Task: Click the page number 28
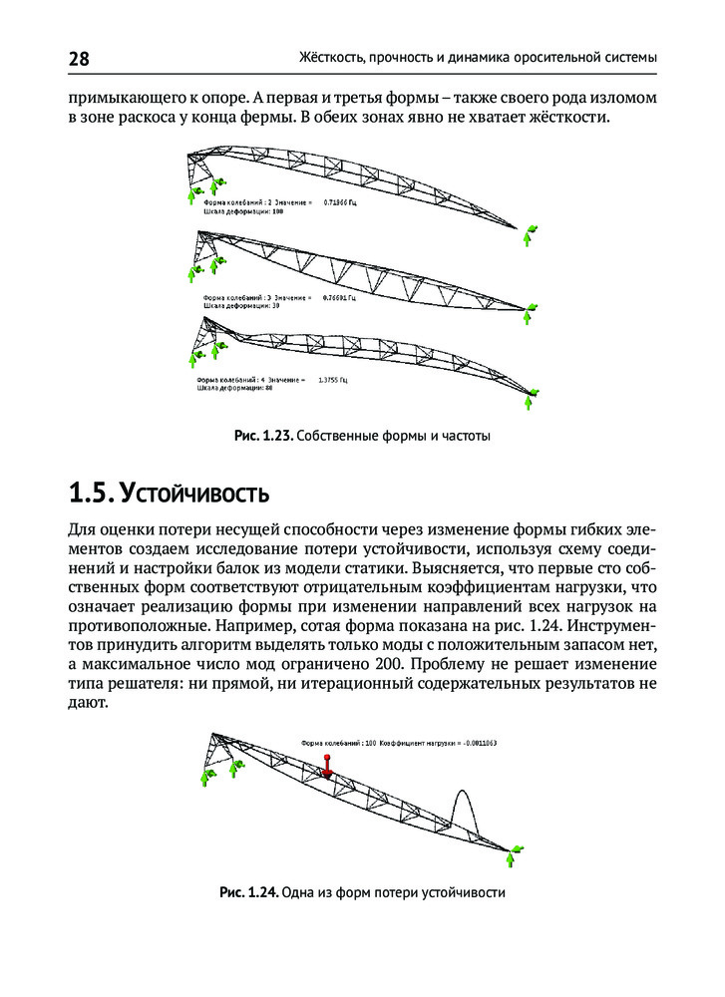(x=79, y=60)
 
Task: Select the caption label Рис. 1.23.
(x=263, y=436)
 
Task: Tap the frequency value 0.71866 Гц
(x=349, y=202)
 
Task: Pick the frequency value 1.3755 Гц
(x=332, y=380)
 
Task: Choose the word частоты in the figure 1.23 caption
(x=467, y=436)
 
